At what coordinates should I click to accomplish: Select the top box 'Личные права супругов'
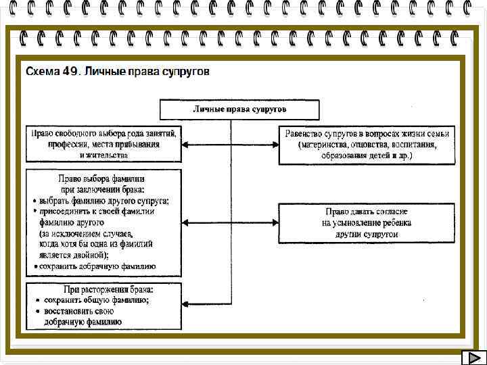coord(239,109)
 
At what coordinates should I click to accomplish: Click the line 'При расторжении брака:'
coord(106,289)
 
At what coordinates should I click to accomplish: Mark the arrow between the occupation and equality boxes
coord(231,143)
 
